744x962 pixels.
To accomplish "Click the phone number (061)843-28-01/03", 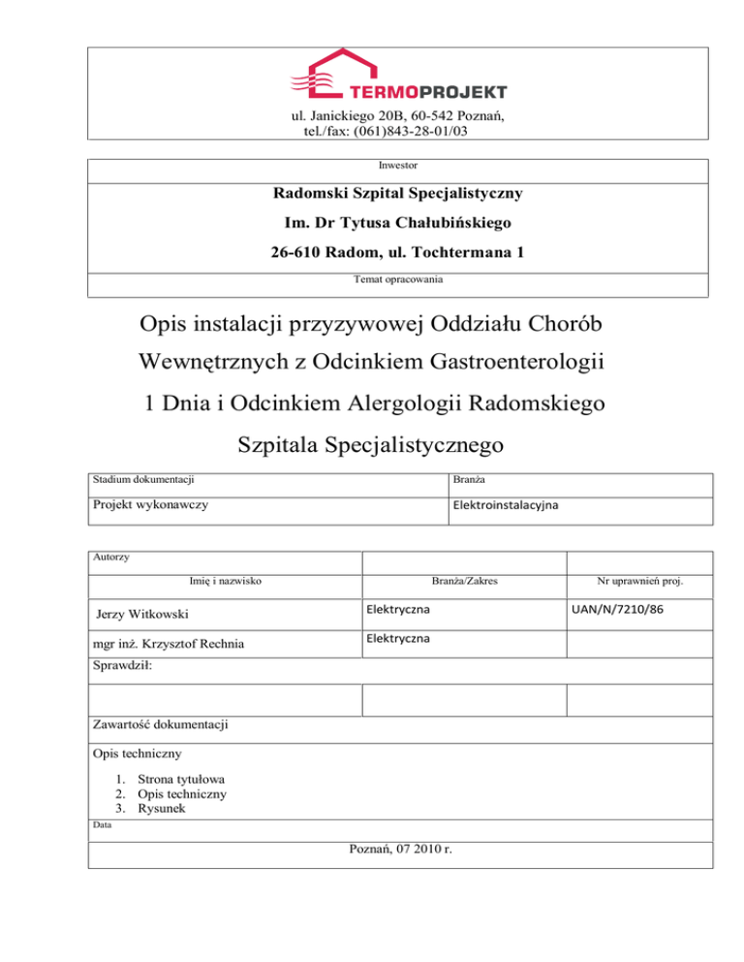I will tap(402, 131).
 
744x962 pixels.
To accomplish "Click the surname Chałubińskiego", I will tap(449, 224).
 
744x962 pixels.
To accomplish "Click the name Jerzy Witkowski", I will tap(148, 614).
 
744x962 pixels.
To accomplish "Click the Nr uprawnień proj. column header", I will tap(641, 582).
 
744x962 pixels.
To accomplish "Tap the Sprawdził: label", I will tap(123, 666).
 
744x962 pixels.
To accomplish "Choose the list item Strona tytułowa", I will tap(183, 778).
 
